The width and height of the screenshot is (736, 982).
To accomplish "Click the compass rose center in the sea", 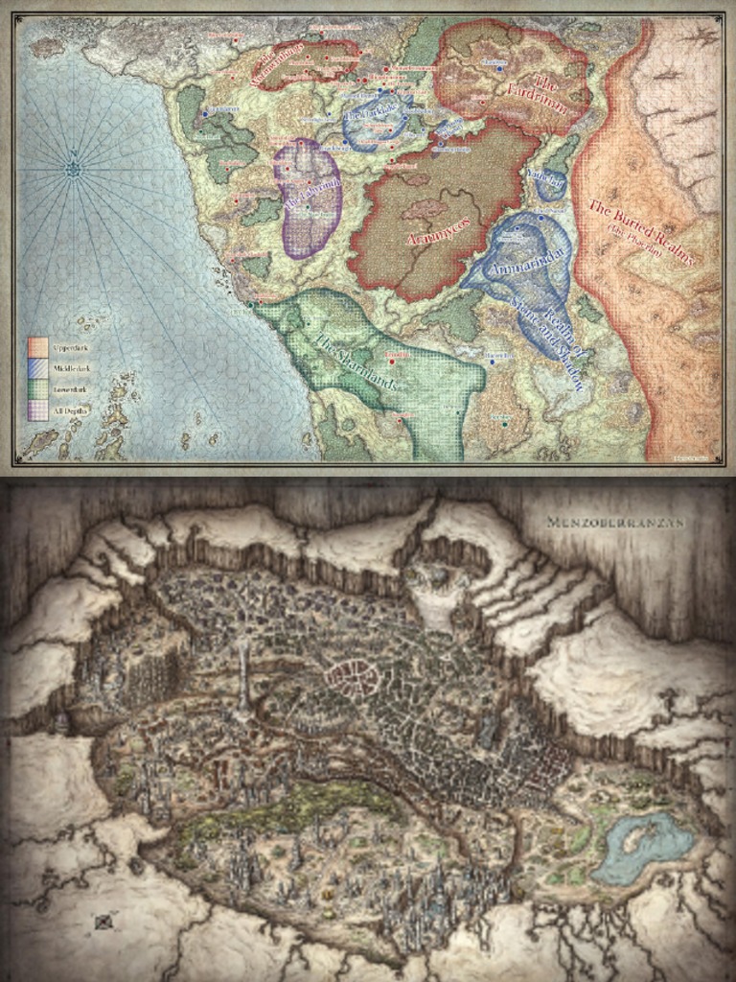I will tap(74, 170).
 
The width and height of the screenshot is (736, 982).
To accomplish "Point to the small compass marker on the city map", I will tap(103, 923).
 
